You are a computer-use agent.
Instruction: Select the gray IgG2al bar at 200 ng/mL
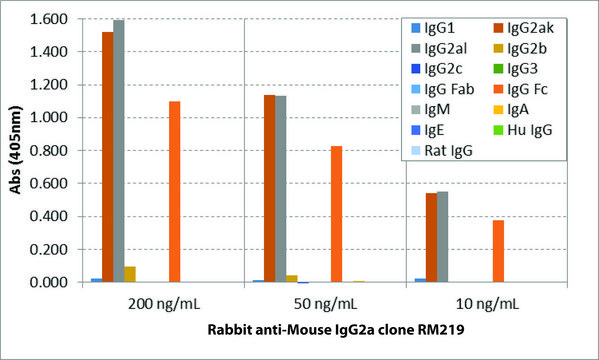119,151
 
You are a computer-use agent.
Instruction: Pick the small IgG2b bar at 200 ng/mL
130,274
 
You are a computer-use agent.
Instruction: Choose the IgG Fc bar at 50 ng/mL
337,214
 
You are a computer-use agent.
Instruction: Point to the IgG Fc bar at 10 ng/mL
498,251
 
